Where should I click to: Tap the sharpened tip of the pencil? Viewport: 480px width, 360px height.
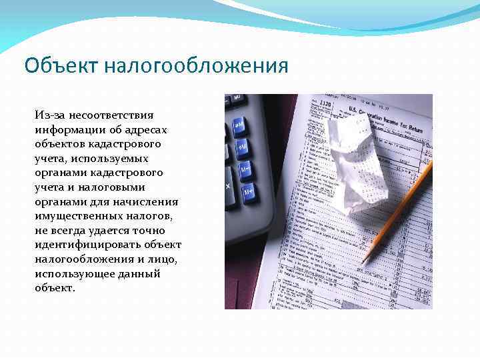pos(363,262)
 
